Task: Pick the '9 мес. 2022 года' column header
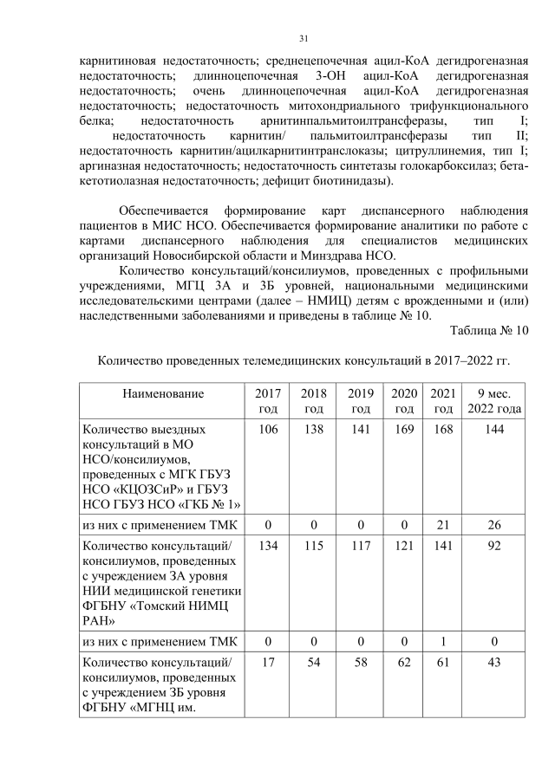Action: [x=493, y=401]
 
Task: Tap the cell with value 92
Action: [x=493, y=546]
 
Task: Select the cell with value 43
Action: [x=493, y=661]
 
